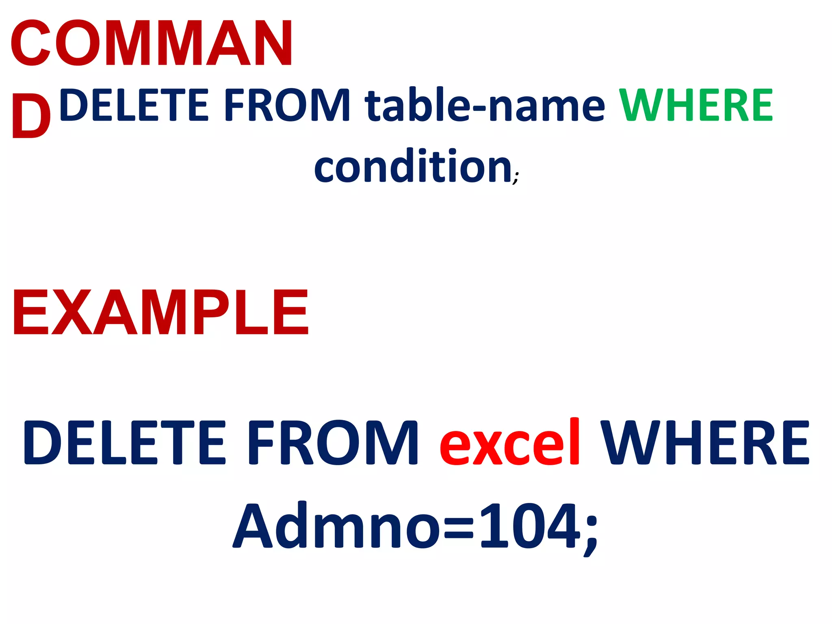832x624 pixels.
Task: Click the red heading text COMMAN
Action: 151,43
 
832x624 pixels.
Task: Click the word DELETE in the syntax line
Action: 134,105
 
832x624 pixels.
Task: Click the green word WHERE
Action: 695,105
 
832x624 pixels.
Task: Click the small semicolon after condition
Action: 516,178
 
